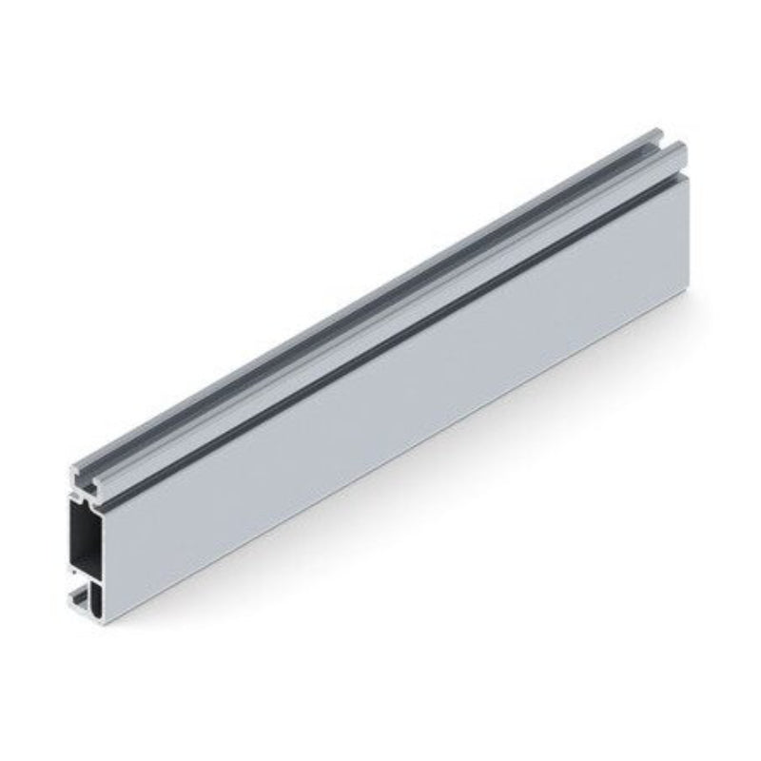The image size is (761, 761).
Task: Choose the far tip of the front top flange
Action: (679, 145)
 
